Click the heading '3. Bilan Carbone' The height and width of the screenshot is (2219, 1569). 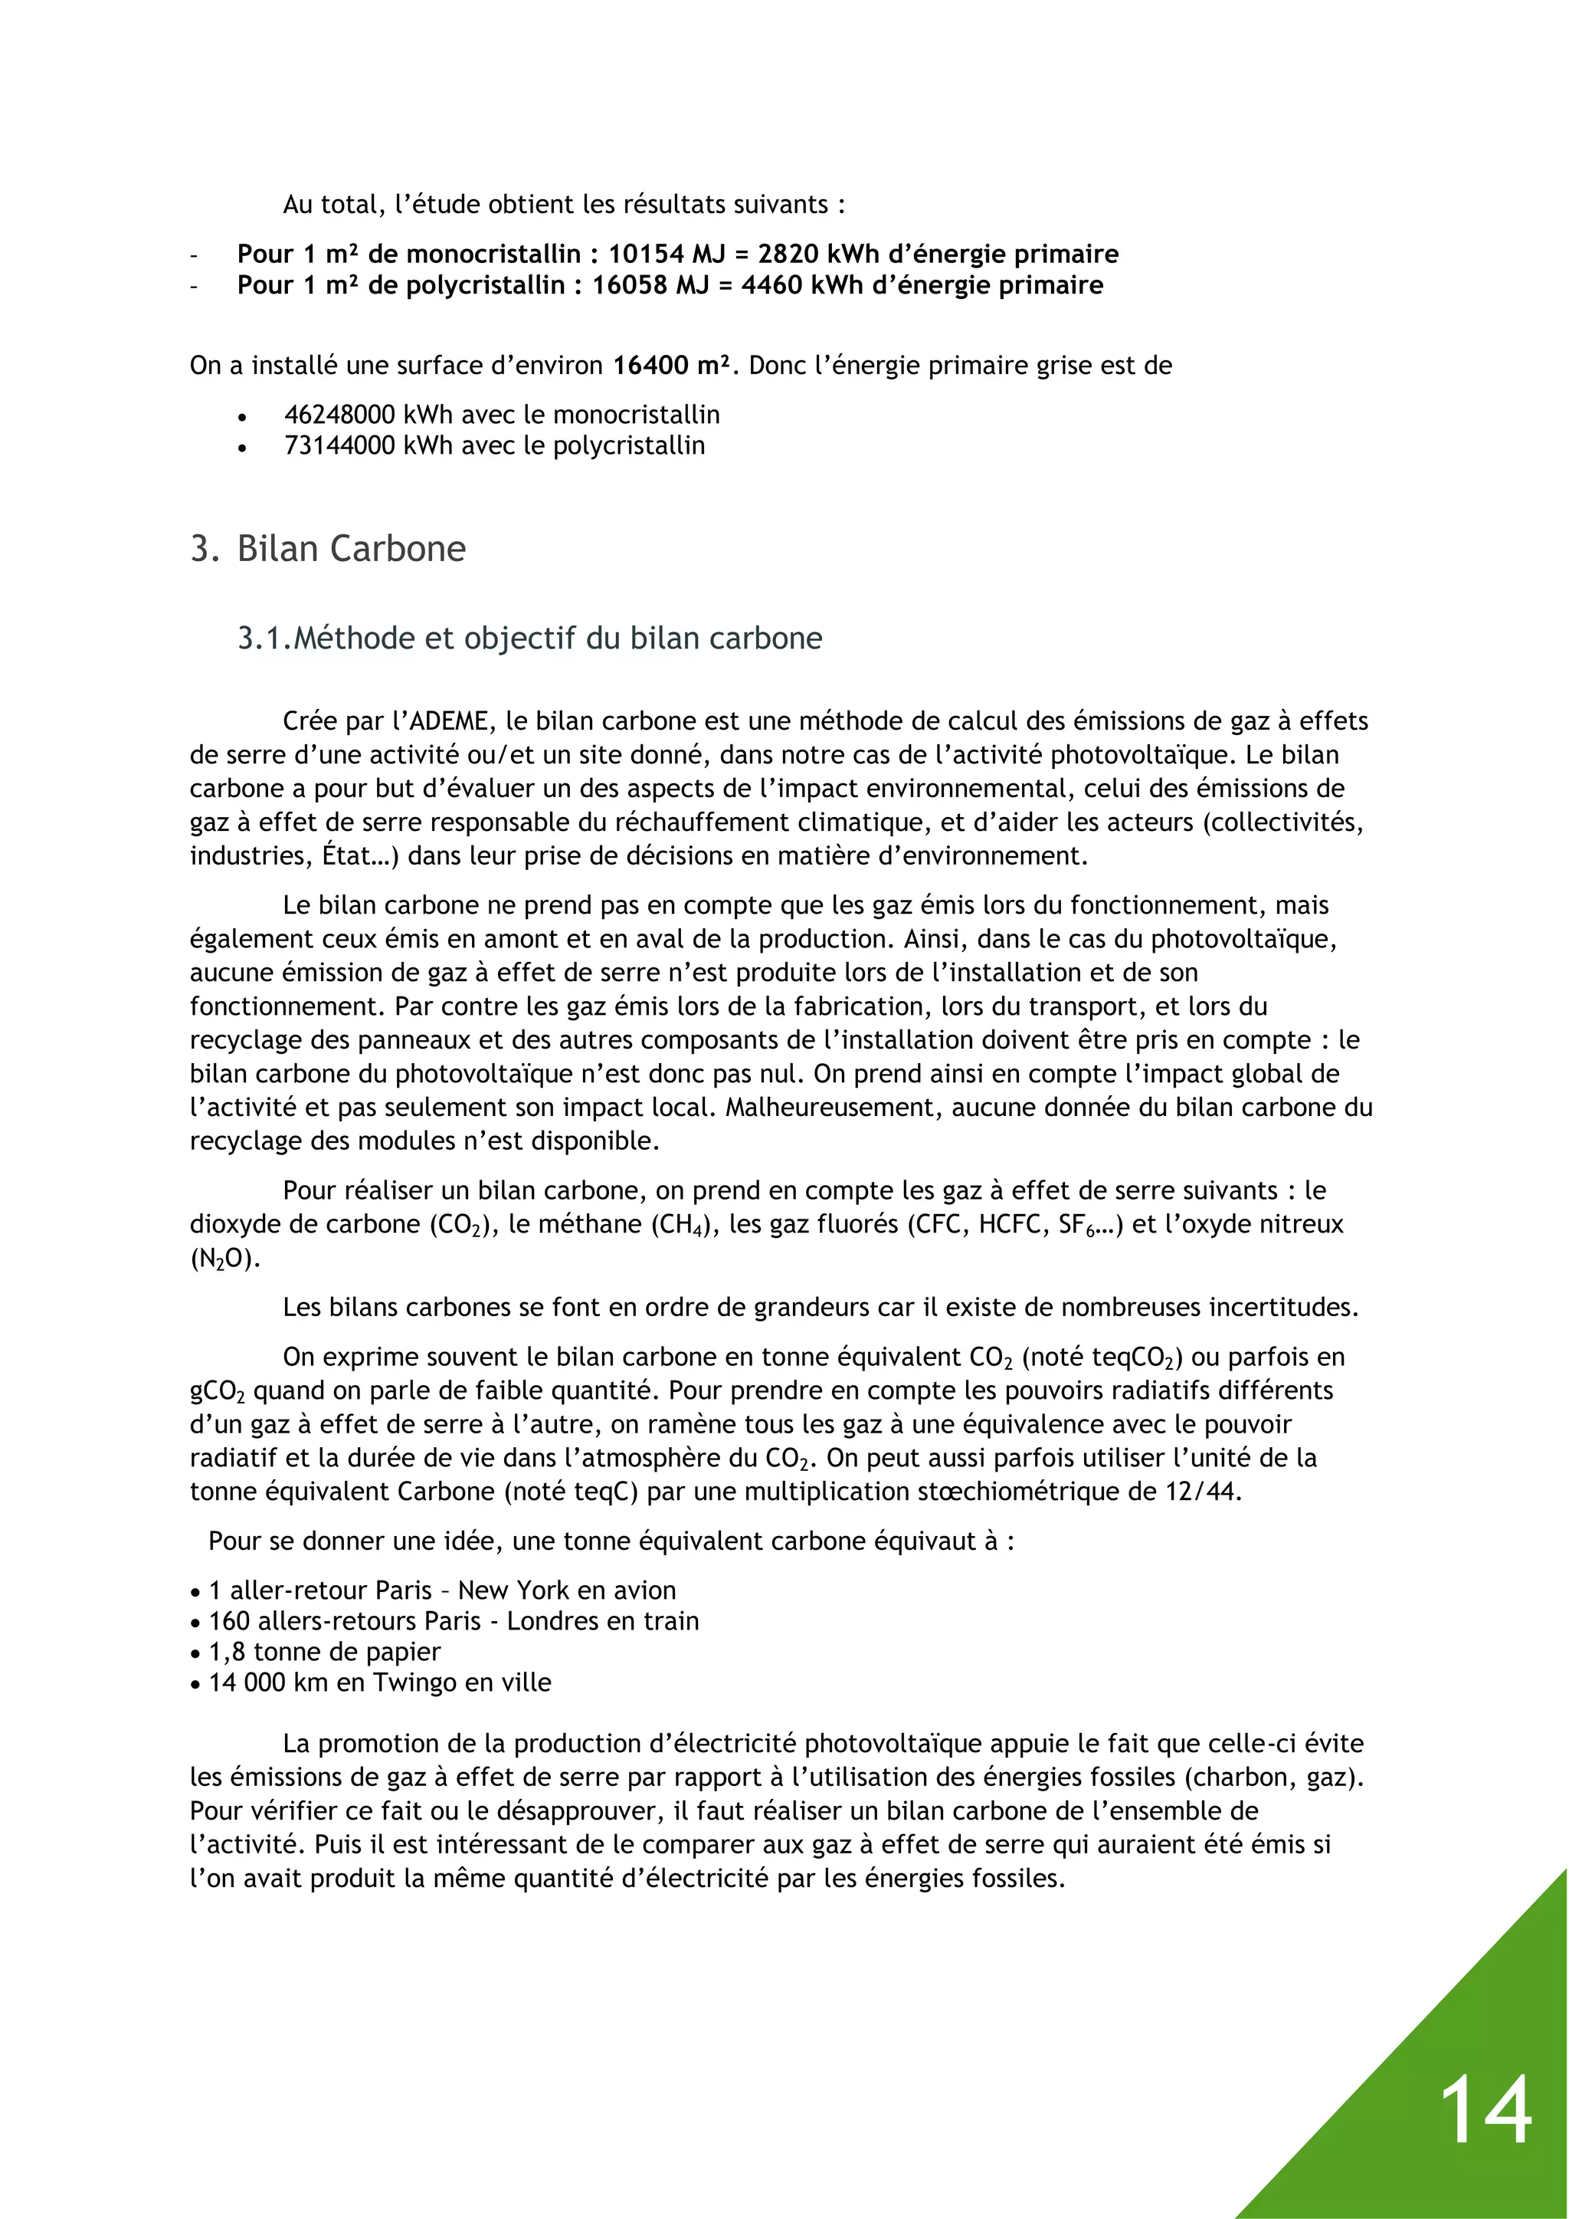point(328,549)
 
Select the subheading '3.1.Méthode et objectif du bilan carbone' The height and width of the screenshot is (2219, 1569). point(529,638)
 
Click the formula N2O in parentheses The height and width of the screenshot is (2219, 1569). point(221,1259)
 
